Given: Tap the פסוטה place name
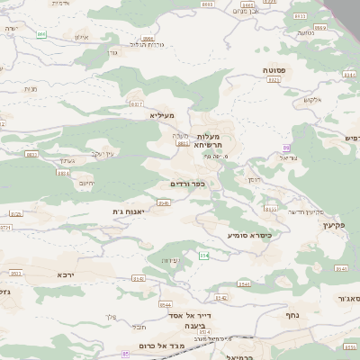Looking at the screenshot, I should [274, 68].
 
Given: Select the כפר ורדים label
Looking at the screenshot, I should [188, 184].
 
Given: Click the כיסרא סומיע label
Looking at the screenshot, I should [248, 234].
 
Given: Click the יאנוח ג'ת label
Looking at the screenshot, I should [130, 211].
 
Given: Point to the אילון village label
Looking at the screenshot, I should [77, 38].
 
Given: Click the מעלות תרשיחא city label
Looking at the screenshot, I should [212, 139].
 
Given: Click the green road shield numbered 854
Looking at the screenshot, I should [204, 256].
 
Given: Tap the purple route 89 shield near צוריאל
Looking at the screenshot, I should [287, 147].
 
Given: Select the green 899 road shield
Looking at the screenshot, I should [41, 34].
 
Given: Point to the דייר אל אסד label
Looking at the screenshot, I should [190, 316].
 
